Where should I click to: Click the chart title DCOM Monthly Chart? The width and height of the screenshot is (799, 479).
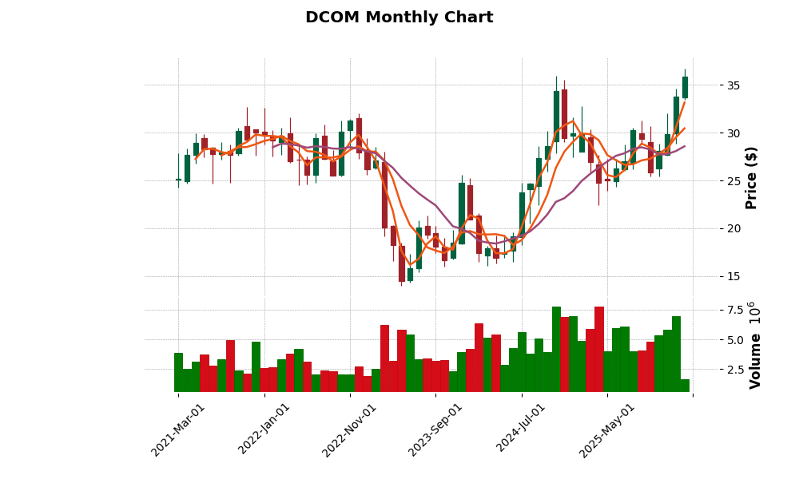click(x=399, y=18)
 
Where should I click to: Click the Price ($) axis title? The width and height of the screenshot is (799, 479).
click(x=751, y=177)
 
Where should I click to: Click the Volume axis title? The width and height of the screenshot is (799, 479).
click(x=754, y=345)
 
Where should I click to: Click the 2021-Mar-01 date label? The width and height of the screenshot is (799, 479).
click(x=178, y=430)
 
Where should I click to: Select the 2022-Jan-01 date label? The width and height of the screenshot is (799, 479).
click(x=264, y=430)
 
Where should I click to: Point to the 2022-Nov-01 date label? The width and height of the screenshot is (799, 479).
click(x=349, y=430)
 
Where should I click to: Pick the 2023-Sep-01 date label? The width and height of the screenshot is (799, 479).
click(x=435, y=430)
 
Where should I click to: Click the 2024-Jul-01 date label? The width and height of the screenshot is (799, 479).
click(x=521, y=430)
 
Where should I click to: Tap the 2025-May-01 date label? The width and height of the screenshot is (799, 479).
click(x=607, y=430)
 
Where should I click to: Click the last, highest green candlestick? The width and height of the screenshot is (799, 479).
click(x=685, y=87)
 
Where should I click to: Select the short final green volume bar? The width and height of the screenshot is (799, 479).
click(x=685, y=386)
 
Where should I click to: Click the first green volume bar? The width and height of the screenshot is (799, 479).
click(x=178, y=372)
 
